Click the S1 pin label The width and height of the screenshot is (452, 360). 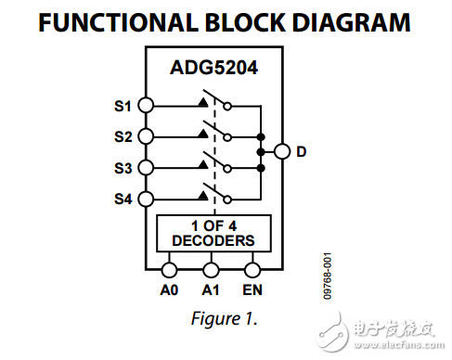[123, 106]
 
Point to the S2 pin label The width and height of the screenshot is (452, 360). [123, 136]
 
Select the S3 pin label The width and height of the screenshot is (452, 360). [123, 168]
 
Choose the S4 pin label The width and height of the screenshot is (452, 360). [123, 199]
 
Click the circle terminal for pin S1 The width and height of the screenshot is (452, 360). [146, 106]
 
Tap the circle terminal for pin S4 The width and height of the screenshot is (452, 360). [146, 199]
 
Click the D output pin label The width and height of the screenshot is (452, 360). [301, 151]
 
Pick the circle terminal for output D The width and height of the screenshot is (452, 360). [281, 151]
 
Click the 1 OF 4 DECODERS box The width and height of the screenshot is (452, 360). [213, 233]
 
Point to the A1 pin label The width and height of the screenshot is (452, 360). [211, 289]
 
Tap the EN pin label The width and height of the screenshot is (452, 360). [252, 289]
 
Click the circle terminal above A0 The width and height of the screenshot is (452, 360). [170, 270]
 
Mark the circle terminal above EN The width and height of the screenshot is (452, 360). [252, 270]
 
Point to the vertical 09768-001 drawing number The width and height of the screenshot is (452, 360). [328, 276]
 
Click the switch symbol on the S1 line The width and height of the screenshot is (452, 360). [213, 103]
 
